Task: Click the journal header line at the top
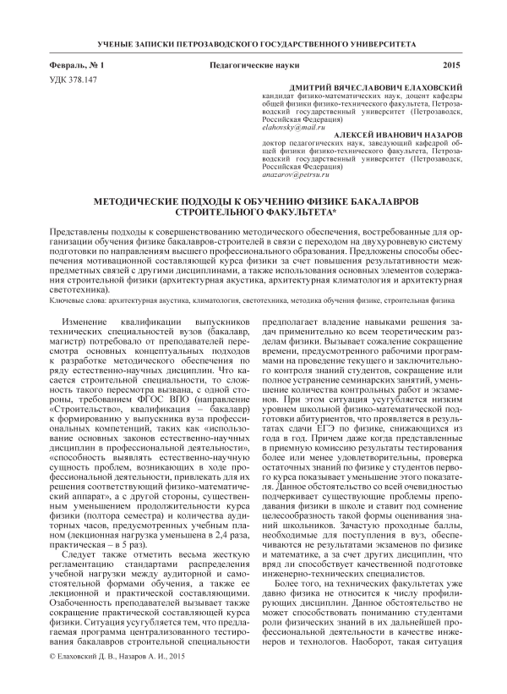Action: pyautogui.click(x=253, y=41)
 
